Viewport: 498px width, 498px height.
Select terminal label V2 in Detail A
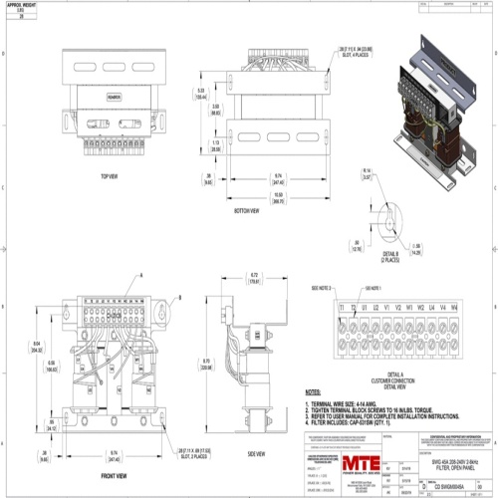pos(397,308)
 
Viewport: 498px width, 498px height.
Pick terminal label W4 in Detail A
pos(453,308)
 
